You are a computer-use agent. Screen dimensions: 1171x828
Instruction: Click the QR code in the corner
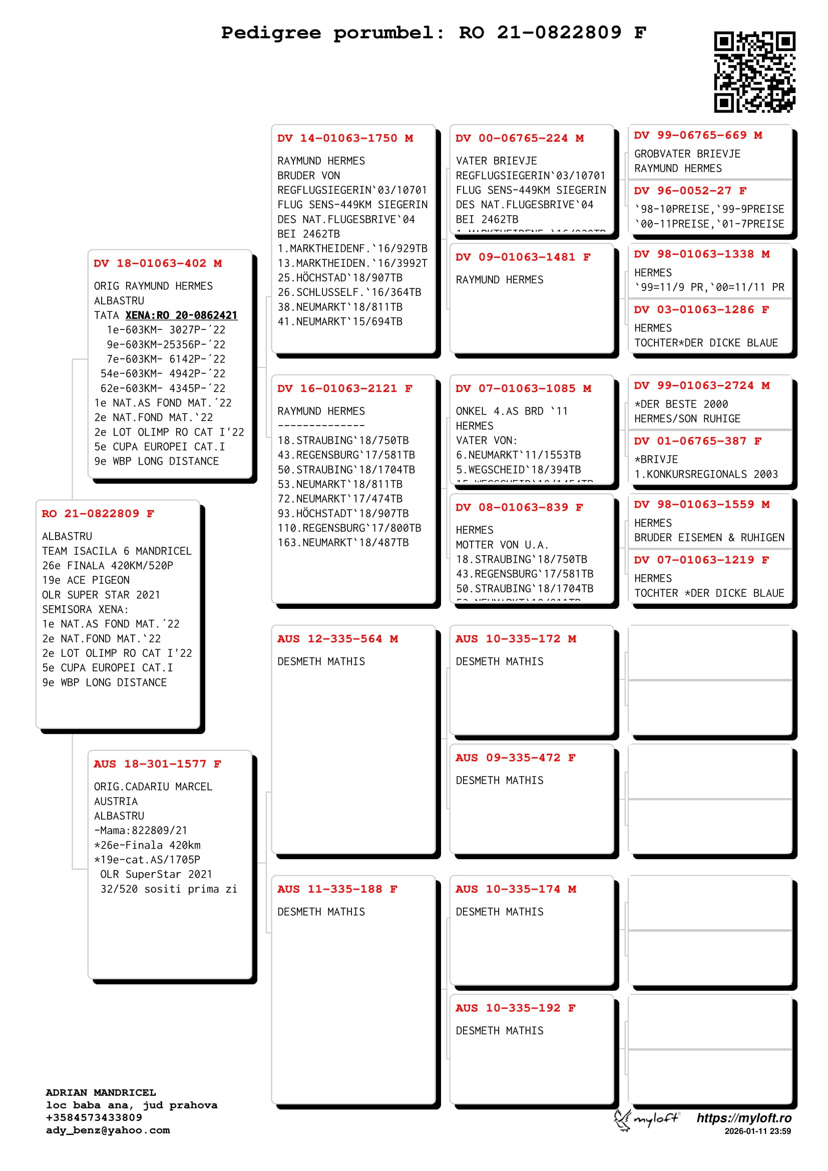pyautogui.click(x=754, y=72)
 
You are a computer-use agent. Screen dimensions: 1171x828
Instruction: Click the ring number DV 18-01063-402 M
pyautogui.click(x=158, y=264)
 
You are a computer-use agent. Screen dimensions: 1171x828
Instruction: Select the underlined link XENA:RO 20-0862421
pyautogui.click(x=181, y=315)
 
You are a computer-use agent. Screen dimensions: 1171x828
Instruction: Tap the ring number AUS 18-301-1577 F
pyautogui.click(x=157, y=764)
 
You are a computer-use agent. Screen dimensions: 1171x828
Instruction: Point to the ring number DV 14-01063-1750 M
pyautogui.click(x=344, y=138)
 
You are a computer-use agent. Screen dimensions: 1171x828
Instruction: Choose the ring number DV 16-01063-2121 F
pyautogui.click(x=344, y=388)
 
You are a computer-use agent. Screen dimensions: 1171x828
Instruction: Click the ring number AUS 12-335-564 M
pyautogui.click(x=337, y=639)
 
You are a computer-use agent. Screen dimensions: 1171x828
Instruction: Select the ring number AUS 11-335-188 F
pyautogui.click(x=337, y=890)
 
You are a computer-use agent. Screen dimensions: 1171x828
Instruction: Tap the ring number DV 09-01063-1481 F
pyautogui.click(x=523, y=257)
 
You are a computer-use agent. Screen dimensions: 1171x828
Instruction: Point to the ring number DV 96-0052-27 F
pyautogui.click(x=690, y=191)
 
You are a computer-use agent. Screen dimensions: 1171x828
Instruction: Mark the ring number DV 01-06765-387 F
pyautogui.click(x=697, y=441)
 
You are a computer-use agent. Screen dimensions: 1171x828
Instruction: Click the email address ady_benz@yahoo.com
pyautogui.click(x=108, y=1130)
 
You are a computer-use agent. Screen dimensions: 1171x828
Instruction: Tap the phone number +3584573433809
pyautogui.click(x=94, y=1117)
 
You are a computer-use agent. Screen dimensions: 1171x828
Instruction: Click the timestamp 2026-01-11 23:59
pyautogui.click(x=757, y=1131)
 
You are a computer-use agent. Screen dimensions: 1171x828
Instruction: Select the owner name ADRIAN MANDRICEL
pyautogui.click(x=101, y=1092)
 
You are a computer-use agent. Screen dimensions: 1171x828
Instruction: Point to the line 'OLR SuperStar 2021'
pyautogui.click(x=156, y=874)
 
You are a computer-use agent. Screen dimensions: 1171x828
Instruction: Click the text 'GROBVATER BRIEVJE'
pyautogui.click(x=687, y=154)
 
